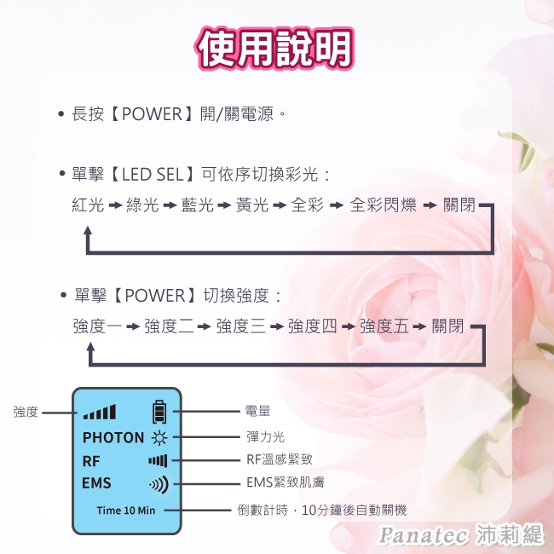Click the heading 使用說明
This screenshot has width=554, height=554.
274,49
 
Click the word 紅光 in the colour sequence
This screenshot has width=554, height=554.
88,205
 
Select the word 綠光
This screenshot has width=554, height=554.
142,205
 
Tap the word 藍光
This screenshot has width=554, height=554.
197,205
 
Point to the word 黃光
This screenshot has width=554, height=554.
251,205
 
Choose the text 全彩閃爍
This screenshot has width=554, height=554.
381,205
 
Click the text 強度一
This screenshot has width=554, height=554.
97,326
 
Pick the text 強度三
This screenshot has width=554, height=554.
240,326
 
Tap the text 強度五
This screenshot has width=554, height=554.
384,326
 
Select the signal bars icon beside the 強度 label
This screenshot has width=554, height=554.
100,413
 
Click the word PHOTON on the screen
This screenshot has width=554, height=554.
113,438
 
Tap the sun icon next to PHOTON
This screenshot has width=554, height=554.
159,438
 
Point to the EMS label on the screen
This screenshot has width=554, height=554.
96,484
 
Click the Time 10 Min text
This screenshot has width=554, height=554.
125,511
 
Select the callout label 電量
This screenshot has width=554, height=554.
257,412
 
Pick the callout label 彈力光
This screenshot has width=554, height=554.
264,437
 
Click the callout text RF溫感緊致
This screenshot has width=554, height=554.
279,460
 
